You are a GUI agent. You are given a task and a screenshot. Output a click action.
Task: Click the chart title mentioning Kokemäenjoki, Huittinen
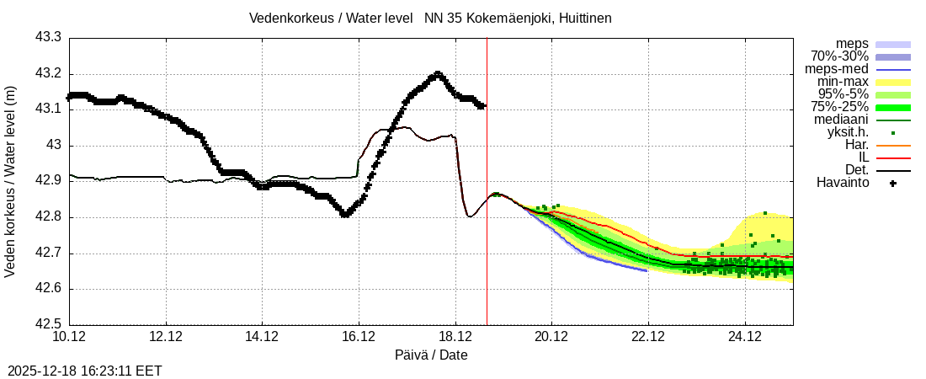430,18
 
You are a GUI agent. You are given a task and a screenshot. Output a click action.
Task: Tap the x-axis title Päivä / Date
430,355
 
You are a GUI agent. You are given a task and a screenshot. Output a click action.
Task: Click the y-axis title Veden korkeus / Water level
11,181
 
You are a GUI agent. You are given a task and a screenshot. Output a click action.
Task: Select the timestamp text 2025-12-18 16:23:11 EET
85,371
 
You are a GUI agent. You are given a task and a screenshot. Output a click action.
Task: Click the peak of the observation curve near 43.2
437,74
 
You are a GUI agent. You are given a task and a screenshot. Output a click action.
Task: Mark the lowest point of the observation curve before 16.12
344,215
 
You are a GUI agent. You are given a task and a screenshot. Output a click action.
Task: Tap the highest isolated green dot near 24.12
764,213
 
